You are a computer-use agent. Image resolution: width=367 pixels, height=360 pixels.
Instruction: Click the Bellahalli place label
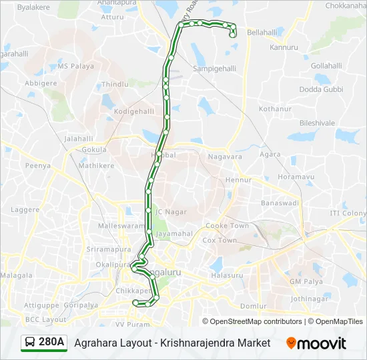(x=262, y=32)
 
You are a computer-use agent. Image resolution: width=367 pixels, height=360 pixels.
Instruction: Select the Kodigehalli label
(x=134, y=111)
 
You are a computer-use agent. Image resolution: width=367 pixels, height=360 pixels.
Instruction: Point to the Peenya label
(x=37, y=165)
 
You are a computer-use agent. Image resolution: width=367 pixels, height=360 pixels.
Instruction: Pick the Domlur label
(x=254, y=306)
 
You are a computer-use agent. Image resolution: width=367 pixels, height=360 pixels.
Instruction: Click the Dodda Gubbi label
(x=321, y=89)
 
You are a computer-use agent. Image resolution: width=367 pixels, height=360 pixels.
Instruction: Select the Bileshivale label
(x=317, y=123)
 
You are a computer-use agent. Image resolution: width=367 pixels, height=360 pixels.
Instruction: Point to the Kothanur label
(x=276, y=108)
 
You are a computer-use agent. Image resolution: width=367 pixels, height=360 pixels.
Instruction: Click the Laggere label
(x=25, y=209)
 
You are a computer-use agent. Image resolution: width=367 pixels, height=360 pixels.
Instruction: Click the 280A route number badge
(x=51, y=343)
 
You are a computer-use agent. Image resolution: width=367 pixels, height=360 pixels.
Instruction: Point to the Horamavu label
(x=296, y=177)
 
